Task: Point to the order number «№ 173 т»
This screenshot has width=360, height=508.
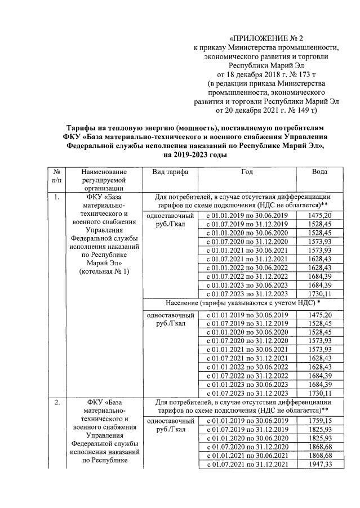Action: [305, 74]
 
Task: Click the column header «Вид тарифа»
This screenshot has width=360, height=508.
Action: [166, 172]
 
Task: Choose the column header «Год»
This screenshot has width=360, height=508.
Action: [247, 172]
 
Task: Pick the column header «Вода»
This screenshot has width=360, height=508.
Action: [319, 172]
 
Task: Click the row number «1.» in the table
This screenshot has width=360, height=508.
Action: [56, 198]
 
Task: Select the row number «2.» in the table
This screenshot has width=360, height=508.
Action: [56, 402]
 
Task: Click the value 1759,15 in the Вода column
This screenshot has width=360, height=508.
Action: [319, 420]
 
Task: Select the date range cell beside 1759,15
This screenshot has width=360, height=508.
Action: [247, 420]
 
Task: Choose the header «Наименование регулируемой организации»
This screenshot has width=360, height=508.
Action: [104, 180]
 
